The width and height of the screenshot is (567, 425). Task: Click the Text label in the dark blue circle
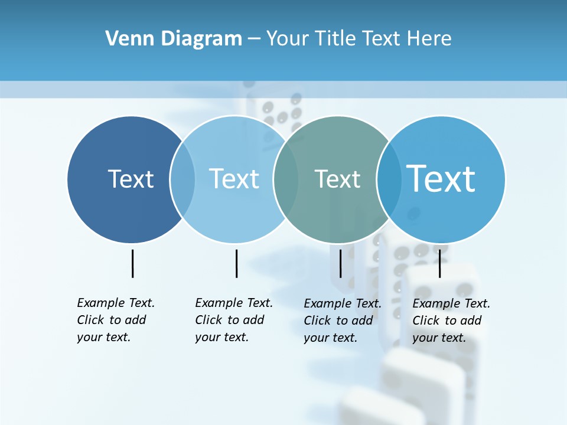coord(131,179)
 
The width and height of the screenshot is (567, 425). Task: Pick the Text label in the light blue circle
coord(234,179)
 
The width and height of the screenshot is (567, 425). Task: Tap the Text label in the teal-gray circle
coord(337,179)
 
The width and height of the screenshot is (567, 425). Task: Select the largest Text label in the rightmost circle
coord(441,178)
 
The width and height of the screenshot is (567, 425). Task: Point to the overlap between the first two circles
coord(183,179)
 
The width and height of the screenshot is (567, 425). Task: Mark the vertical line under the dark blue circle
coord(132,263)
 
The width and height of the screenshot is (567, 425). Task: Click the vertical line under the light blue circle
coord(236,263)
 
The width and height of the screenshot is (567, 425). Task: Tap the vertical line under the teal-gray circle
coord(340,263)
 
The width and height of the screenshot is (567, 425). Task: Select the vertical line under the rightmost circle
coord(439,263)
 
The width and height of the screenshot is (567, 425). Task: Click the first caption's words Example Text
coord(116,303)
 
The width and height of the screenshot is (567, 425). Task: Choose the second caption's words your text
coord(222,337)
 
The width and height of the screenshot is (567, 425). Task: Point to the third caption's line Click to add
coord(338,321)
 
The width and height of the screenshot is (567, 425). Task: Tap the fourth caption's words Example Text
coord(451,303)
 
